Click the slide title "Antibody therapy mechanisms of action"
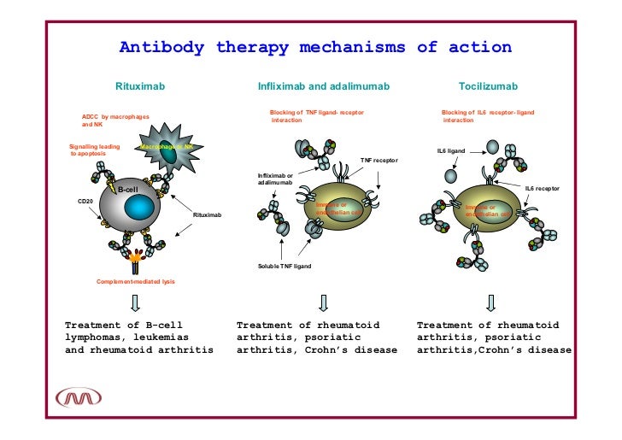(314, 47)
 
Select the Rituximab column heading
(140, 87)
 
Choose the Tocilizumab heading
(488, 87)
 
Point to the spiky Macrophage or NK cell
(170, 146)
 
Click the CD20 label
(85, 201)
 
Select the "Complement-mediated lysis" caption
(135, 281)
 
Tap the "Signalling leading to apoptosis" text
(95, 150)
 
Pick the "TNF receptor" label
(378, 160)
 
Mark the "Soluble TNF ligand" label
(285, 267)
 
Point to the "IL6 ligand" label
(450, 151)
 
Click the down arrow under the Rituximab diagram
(135, 302)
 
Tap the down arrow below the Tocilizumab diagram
(490, 302)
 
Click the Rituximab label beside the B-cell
(207, 214)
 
